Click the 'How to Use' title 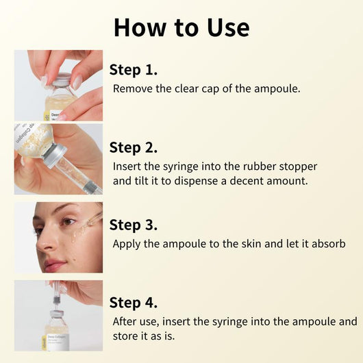pos(181,27)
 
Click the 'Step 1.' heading pos(134,69)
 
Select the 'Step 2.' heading pos(134,147)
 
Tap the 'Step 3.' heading pos(134,225)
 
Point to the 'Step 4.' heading pos(134,303)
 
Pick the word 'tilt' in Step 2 pos(145,181)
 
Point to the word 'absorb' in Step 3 pos(325,244)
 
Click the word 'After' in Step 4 pos(127,321)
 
